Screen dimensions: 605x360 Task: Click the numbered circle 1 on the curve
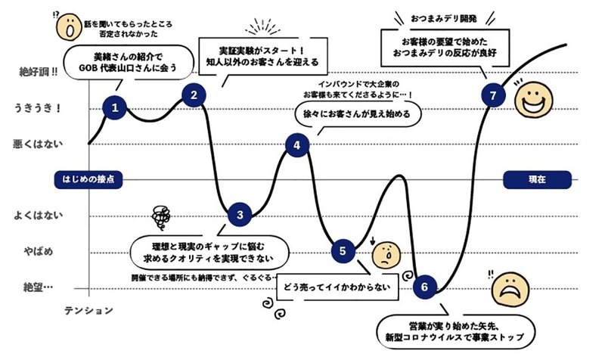click(x=115, y=108)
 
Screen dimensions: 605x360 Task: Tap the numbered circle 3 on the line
click(x=240, y=215)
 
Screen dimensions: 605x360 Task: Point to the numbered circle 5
click(x=343, y=250)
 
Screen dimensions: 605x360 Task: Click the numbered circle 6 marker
click(x=424, y=287)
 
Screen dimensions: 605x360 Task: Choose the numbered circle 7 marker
click(x=493, y=95)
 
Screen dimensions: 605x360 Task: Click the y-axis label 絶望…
click(x=38, y=287)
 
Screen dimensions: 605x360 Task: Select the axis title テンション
click(x=88, y=311)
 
